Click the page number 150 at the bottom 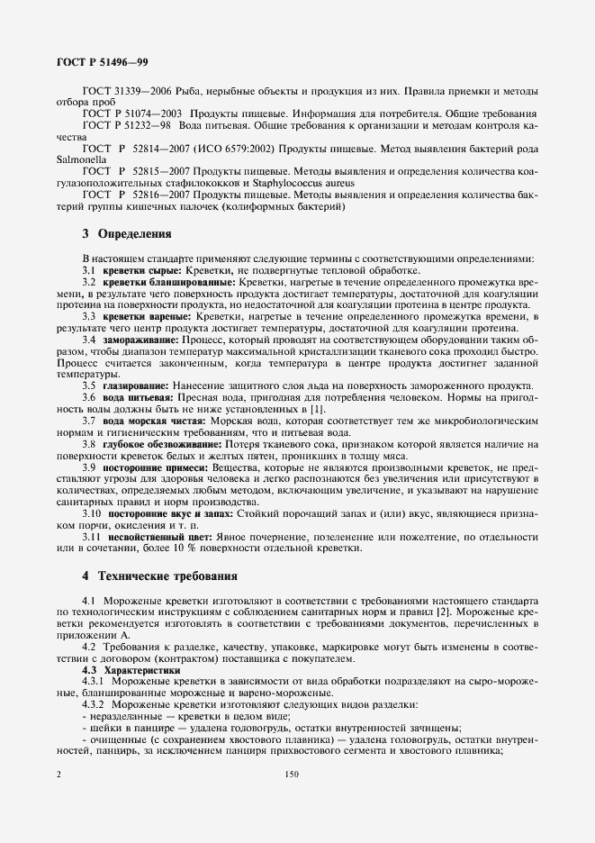291,773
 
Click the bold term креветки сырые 142,270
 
